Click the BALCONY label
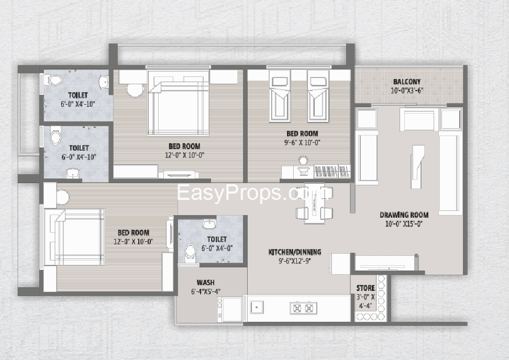click(407, 82)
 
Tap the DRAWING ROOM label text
click(404, 215)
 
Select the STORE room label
click(366, 288)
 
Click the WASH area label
click(205, 283)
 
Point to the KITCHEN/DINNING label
click(295, 252)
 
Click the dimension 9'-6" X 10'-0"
click(302, 142)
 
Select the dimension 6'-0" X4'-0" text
click(217, 249)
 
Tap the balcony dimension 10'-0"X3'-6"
click(407, 91)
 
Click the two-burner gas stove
click(303, 308)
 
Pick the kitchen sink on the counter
click(257, 307)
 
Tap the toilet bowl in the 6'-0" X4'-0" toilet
click(190, 253)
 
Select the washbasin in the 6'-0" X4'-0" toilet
click(209, 223)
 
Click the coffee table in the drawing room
click(417, 166)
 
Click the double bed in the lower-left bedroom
click(75, 237)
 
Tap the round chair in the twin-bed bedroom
click(304, 161)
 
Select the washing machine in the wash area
click(231, 309)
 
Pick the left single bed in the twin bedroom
click(280, 96)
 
